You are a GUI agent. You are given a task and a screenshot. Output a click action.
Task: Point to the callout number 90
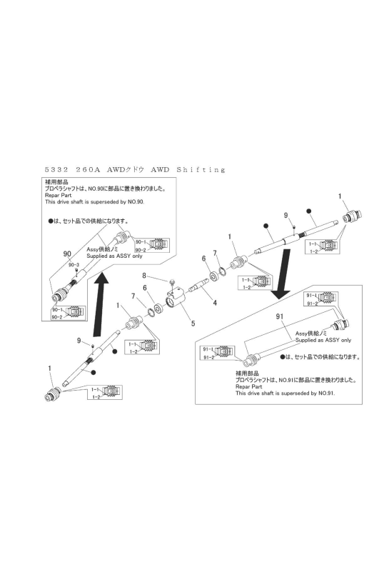68,254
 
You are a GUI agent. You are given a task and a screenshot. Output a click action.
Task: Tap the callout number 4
215,302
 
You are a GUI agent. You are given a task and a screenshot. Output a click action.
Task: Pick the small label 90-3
74,265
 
